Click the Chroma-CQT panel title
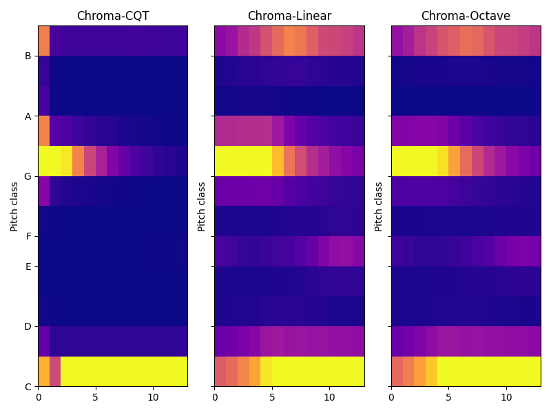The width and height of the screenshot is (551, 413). tap(112, 16)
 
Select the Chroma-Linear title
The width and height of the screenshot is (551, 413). tap(289, 16)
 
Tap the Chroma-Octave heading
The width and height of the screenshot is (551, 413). tap(466, 16)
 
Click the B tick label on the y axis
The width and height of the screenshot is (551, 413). tap(28, 56)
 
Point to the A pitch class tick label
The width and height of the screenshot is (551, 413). tap(28, 116)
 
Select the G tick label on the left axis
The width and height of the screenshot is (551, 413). tap(28, 176)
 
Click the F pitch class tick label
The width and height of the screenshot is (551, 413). tap(28, 236)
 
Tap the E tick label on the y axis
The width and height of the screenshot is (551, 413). tap(28, 266)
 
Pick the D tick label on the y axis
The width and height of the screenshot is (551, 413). tap(28, 326)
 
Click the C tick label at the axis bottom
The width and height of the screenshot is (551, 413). tap(28, 386)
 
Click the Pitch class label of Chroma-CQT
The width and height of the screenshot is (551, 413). tap(14, 206)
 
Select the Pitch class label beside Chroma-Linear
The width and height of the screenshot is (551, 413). tap(202, 206)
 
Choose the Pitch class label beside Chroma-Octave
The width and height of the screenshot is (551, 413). tap(379, 206)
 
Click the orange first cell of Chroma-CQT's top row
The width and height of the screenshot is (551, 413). tap(43, 41)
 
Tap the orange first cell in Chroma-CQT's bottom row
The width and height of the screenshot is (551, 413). tap(43, 371)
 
